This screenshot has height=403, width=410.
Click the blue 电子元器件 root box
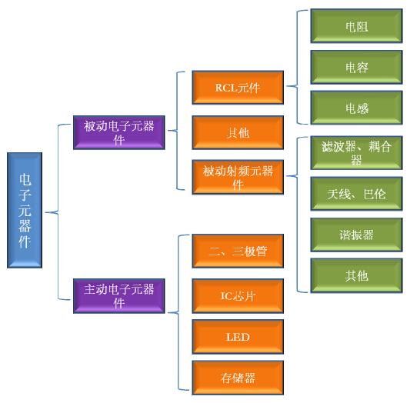[x=25, y=210]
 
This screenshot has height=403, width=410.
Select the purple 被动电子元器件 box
[x=119, y=132]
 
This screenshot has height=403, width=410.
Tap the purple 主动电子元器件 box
[x=119, y=296]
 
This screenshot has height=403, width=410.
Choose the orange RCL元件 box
[x=238, y=88]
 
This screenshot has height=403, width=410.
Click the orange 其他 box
[x=238, y=132]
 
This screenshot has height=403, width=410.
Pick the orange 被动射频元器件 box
[x=238, y=177]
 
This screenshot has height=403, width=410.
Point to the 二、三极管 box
[x=238, y=251]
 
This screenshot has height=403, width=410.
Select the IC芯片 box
[x=238, y=296]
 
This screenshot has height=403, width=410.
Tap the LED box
[x=238, y=337]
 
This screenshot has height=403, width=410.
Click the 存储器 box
[x=238, y=378]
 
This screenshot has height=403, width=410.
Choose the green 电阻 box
[x=356, y=26]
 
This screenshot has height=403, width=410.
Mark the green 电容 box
[x=356, y=67]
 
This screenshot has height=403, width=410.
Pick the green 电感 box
[x=356, y=108]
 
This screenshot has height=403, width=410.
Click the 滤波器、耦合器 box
[x=356, y=153]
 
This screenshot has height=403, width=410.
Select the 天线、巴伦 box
[x=356, y=194]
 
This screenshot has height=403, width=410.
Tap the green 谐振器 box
[x=356, y=235]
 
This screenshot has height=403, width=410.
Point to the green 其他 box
[x=356, y=275]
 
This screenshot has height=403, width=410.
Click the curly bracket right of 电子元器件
[x=58, y=212]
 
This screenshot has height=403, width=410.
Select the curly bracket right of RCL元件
[x=297, y=85]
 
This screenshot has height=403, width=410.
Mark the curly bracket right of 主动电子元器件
[x=178, y=312]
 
